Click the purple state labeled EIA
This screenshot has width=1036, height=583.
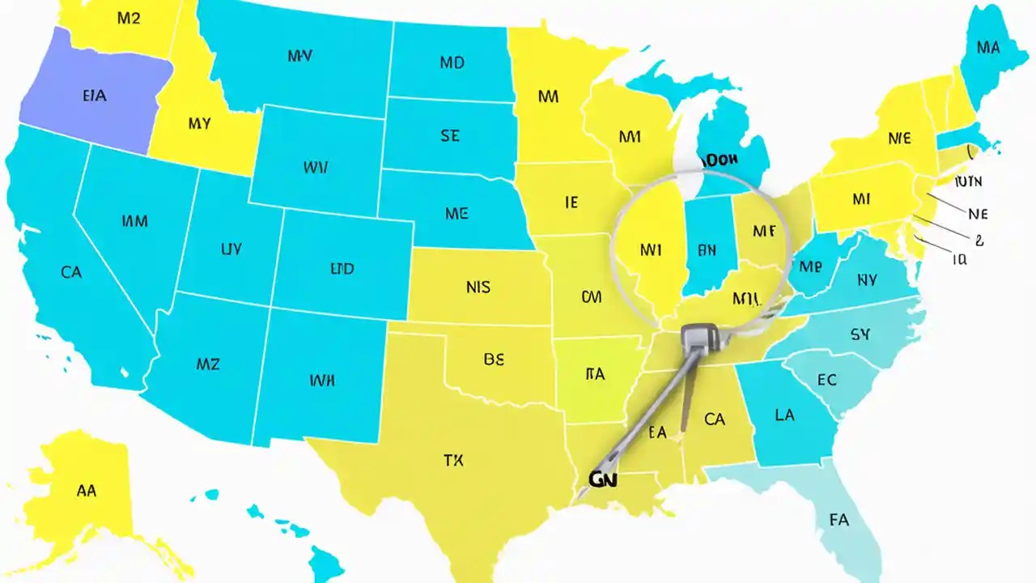tap(94, 96)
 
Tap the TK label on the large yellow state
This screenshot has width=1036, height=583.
tap(453, 461)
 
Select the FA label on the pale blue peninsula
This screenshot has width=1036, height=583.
tap(839, 519)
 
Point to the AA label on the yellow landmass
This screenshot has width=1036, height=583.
tap(86, 490)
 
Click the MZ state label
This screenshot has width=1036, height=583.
tap(208, 364)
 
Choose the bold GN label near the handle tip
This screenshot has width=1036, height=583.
tap(602, 479)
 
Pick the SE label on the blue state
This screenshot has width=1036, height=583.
tap(450, 136)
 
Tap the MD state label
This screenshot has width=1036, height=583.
tap(452, 62)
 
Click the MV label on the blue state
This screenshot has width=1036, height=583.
tap(299, 56)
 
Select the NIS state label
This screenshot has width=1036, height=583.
tap(478, 287)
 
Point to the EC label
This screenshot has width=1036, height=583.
tap(826, 379)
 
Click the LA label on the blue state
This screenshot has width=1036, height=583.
tap(783, 415)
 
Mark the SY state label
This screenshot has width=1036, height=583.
tap(860, 334)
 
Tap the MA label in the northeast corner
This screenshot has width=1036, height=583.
tap(987, 48)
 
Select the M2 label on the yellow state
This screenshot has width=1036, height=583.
tap(129, 18)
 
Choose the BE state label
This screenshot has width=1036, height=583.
tap(494, 360)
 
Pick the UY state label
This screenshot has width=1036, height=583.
tap(231, 249)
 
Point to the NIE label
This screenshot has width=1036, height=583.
tap(899, 138)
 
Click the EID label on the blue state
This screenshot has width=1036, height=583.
tap(342, 269)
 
